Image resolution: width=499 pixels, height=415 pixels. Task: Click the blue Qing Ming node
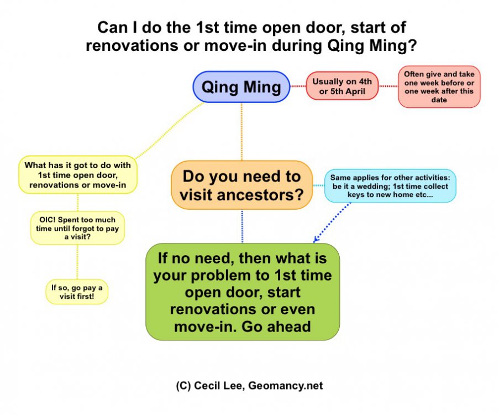tap(241, 87)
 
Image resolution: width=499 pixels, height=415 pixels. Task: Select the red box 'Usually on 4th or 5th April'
tap(342, 86)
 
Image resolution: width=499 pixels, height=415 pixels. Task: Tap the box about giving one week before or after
tap(439, 86)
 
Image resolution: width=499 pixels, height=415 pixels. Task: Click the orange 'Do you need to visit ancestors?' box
tap(241, 185)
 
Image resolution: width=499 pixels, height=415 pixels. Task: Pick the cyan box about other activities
tap(390, 186)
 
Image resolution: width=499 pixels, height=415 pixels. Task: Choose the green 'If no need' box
tap(242, 292)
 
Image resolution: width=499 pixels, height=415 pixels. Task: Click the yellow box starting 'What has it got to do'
tap(77, 174)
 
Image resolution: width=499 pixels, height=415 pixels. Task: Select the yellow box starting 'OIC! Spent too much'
tap(77, 227)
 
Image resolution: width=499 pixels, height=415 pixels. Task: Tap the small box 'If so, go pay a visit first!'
tap(77, 290)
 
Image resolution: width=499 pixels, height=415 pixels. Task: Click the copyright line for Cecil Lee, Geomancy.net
tap(249, 386)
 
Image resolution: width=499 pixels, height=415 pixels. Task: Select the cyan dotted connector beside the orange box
tap(318, 185)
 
